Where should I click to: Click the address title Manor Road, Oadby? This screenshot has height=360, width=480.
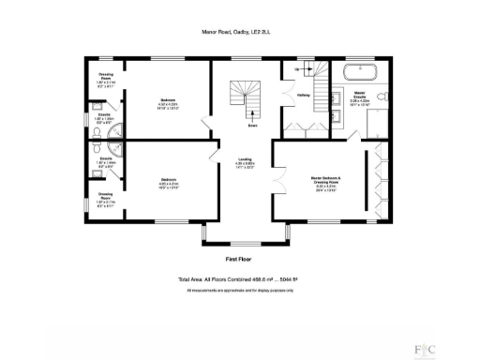click(240, 30)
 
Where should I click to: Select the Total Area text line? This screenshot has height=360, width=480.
click(240, 279)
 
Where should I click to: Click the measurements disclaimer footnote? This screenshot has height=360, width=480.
click(240, 290)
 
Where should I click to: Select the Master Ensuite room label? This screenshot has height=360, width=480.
click(359, 96)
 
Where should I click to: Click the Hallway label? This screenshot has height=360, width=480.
click(304, 95)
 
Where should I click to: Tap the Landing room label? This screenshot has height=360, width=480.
click(244, 160)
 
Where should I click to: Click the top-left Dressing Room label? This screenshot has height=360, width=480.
click(106, 78)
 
